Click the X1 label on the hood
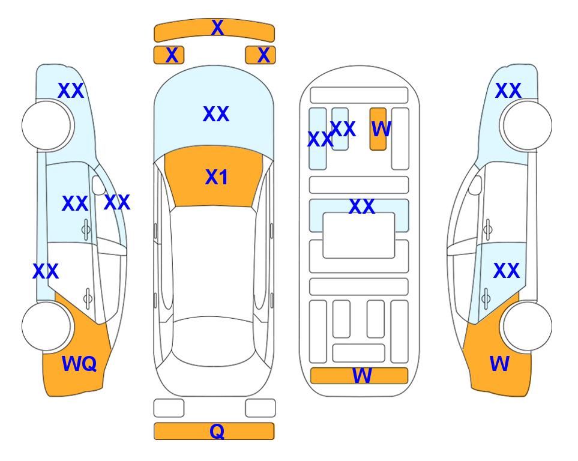click(217, 177)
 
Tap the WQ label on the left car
click(79, 364)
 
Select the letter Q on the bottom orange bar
click(217, 431)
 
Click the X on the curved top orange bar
click(217, 28)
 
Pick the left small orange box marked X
click(169, 55)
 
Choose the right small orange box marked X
click(260, 55)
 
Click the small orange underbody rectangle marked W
click(378, 129)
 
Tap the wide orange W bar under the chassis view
click(359, 376)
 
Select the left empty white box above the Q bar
click(169, 408)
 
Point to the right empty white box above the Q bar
click(260, 408)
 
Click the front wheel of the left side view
click(46, 125)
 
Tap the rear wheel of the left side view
click(46, 326)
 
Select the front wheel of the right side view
click(528, 125)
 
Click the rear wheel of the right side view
click(528, 326)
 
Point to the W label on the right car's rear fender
click(499, 364)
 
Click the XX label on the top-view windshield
click(216, 114)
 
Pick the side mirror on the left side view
click(98, 185)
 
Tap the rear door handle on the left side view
click(88, 298)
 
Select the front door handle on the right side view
click(488, 229)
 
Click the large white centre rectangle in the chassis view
click(359, 235)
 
